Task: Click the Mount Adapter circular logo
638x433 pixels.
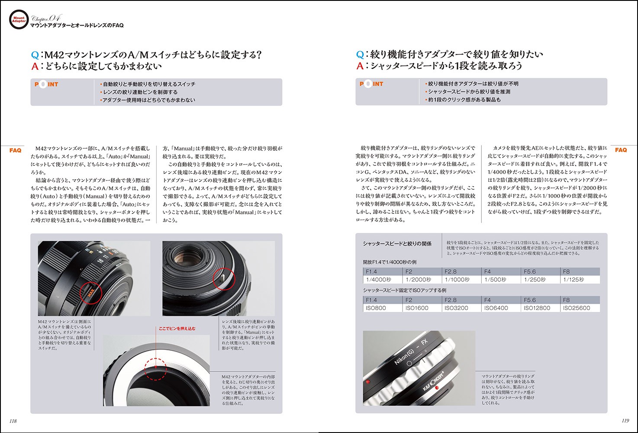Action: click(19, 20)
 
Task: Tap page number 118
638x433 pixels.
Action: click(13, 420)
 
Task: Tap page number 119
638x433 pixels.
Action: click(625, 420)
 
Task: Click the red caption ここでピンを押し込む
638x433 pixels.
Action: click(177, 329)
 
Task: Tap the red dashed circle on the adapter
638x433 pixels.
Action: click(156, 369)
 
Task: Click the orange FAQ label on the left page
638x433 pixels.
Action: click(15, 150)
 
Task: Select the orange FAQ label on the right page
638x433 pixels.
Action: click(621, 150)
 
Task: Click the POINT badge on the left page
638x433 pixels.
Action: click(46, 84)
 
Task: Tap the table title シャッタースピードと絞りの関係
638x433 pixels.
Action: click(397, 244)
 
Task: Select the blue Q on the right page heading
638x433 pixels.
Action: click(360, 55)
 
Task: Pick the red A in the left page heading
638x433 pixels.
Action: click(35, 66)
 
